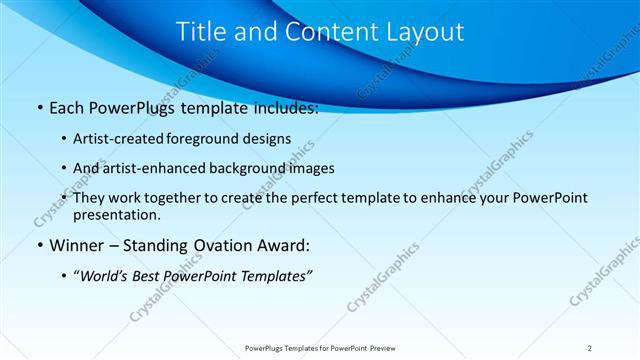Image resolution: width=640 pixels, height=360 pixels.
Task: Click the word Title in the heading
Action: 199,32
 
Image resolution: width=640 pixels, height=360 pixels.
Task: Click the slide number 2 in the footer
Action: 590,347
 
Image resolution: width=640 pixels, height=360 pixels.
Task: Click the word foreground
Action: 217,138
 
